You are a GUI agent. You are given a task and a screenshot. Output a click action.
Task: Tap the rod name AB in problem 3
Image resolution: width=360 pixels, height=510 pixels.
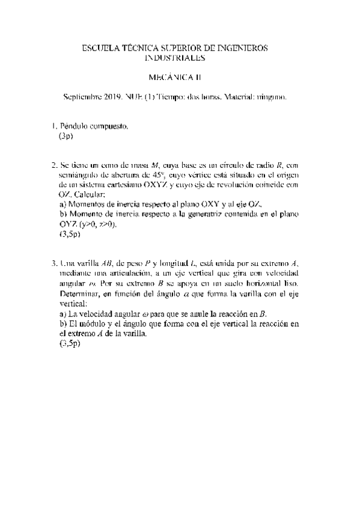tap(109, 263)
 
